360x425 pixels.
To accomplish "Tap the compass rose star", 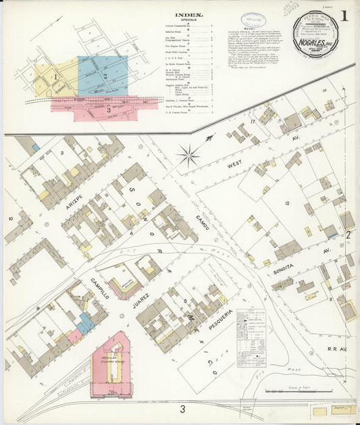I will (188, 155).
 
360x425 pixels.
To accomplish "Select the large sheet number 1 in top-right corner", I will (345, 15).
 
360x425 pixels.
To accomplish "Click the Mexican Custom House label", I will (111, 351).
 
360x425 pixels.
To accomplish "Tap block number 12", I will (286, 203).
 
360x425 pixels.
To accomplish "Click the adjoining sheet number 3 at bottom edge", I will (182, 409).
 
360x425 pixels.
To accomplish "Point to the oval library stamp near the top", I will (254, 20).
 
